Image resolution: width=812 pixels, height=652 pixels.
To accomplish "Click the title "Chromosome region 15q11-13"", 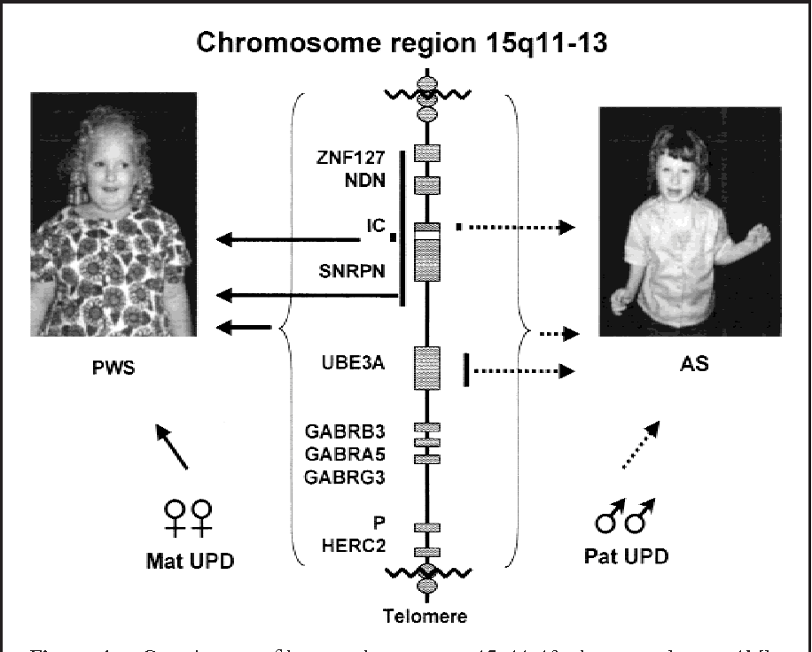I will [x=403, y=43].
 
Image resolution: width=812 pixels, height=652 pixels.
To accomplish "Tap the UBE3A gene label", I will [x=355, y=363].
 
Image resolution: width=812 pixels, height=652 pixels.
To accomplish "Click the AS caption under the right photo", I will [x=698, y=365].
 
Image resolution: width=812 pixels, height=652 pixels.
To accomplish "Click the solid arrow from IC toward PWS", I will [x=293, y=237].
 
